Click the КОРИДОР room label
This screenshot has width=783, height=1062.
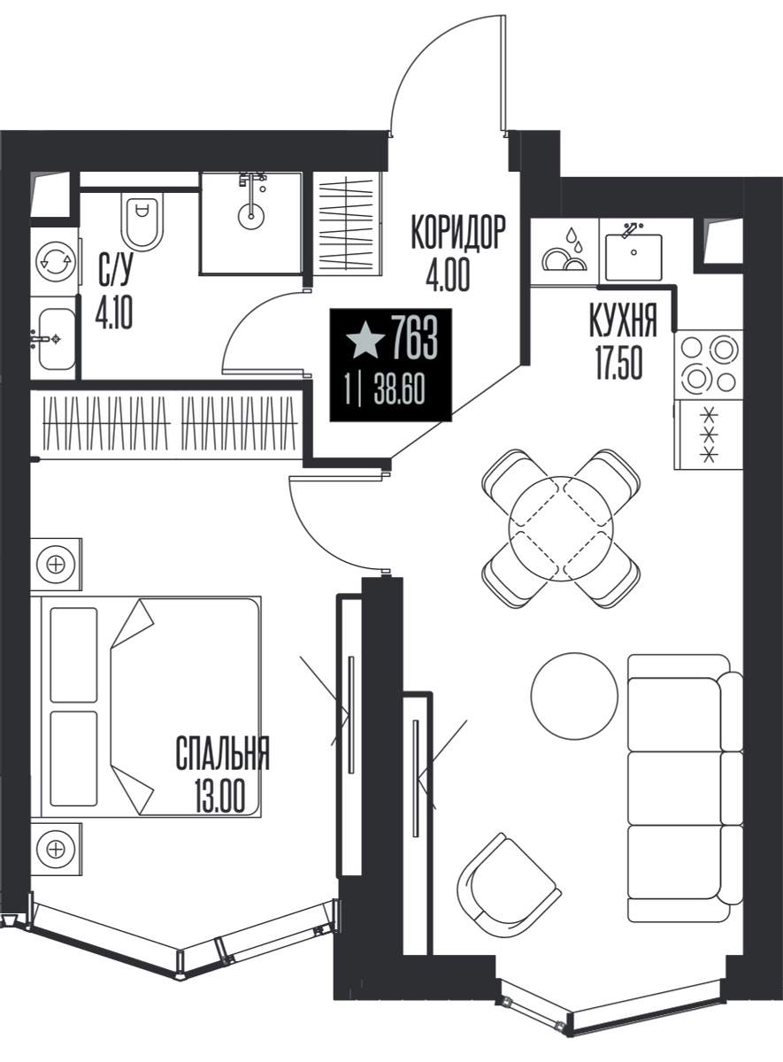pos(458,232)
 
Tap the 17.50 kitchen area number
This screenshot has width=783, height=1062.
pos(619,362)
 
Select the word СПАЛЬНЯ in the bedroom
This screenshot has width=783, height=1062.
pos(222,753)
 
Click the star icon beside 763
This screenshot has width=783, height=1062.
pos(365,340)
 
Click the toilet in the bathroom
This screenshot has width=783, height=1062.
pos(142,222)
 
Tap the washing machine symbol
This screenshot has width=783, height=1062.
pos(57,262)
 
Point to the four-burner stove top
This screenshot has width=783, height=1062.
pos(708,365)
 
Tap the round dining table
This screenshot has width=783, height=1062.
pos(561,528)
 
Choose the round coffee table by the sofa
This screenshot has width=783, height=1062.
pos(574,695)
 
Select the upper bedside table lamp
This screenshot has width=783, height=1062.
pos(56,565)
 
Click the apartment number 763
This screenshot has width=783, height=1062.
pos(414,340)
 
